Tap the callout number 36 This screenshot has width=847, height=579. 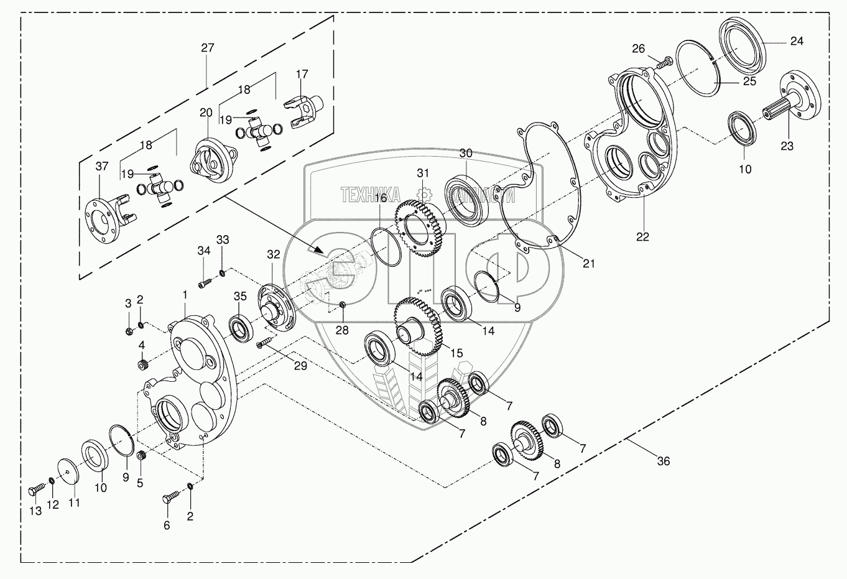(664, 461)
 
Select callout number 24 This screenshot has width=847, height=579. (797, 41)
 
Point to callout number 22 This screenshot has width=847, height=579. (642, 236)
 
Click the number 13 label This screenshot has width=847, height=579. (35, 511)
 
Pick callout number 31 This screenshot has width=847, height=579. (423, 173)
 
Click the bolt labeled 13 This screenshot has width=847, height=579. (37, 490)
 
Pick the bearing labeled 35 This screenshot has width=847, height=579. (241, 328)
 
